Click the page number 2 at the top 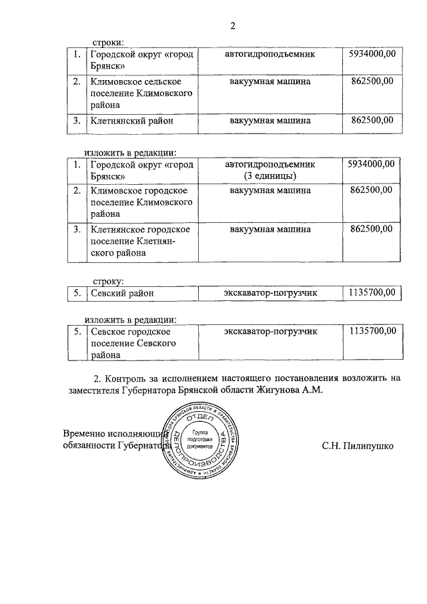click(233, 26)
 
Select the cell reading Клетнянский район click(132, 121)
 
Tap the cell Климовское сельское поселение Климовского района click(141, 93)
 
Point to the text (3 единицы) click(270, 176)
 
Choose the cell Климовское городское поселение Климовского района click(141, 202)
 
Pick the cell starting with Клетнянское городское click(140, 241)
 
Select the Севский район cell click(122, 292)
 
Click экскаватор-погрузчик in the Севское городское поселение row click(270, 331)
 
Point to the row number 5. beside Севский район click(77, 292)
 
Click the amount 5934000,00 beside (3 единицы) click(372, 164)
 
